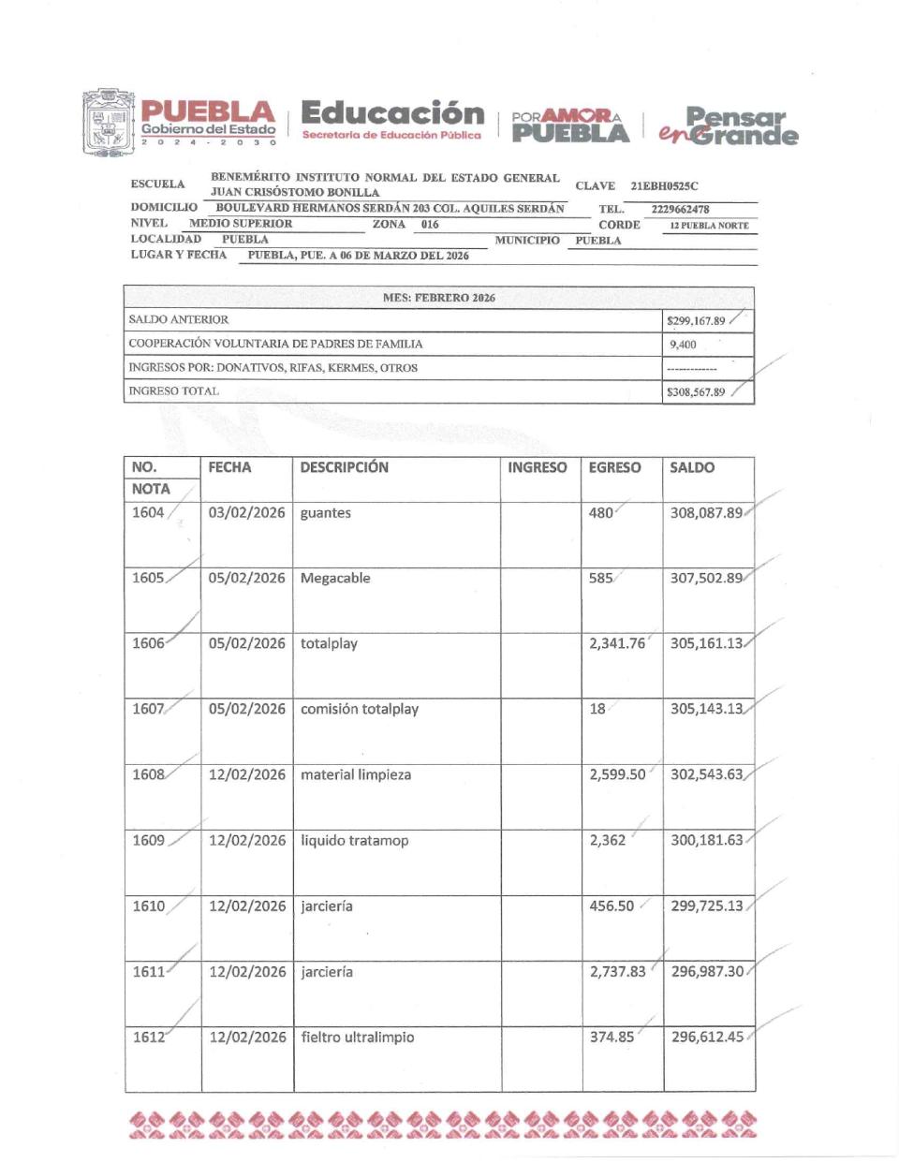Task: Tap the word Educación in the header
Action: point(392,114)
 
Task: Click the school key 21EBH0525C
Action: point(664,186)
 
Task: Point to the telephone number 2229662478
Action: point(680,210)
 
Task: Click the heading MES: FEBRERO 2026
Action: point(438,298)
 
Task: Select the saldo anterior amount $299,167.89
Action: point(696,320)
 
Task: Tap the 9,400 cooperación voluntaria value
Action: point(683,345)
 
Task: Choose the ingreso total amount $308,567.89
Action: point(696,392)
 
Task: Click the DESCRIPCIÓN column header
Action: point(344,467)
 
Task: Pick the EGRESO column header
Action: point(614,467)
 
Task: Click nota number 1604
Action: point(148,512)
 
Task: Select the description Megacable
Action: point(335,578)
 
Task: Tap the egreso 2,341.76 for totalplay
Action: point(617,643)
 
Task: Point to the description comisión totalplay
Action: point(360,709)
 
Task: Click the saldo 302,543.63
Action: point(707,774)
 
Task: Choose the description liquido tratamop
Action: point(355,840)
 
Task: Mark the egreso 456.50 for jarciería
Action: point(612,905)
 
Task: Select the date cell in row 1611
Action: point(247,971)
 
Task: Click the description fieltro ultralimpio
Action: point(357,1037)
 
